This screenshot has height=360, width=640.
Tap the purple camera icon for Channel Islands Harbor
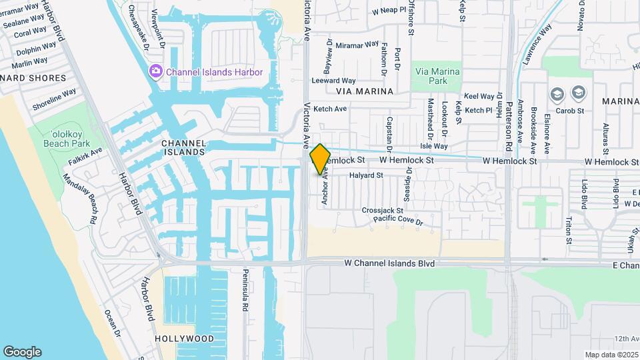point(156,71)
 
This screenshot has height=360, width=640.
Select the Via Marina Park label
point(437,75)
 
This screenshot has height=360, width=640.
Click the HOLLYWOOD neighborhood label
point(184,339)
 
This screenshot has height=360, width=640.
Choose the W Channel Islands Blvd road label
point(389,264)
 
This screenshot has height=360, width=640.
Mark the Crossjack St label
point(383,210)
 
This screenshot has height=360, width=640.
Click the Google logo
point(22,352)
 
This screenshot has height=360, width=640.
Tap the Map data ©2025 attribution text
point(611,355)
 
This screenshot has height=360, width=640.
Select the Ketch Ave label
point(330,109)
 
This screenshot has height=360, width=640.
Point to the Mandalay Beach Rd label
point(79,199)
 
